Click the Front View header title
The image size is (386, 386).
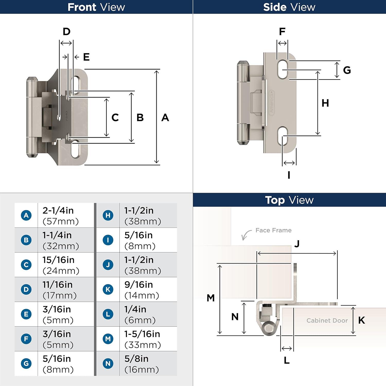(x=96, y=7)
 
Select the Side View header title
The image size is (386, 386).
(x=289, y=7)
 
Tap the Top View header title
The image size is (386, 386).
(x=289, y=200)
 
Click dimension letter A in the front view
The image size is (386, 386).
(x=165, y=118)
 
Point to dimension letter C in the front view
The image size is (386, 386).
(x=115, y=118)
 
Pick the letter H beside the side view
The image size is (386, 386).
(x=325, y=103)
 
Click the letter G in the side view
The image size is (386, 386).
(x=347, y=70)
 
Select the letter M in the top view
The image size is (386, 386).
(x=210, y=298)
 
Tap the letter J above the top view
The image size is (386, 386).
(x=297, y=243)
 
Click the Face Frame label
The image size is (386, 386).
(x=273, y=230)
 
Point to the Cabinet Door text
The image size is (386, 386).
(x=327, y=320)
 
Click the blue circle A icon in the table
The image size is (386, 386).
(x=26, y=215)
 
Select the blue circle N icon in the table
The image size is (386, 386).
(x=108, y=363)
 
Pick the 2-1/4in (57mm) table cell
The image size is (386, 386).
(x=61, y=216)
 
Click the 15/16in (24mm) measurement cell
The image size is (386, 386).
(x=61, y=265)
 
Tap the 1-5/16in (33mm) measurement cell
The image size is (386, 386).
(x=143, y=339)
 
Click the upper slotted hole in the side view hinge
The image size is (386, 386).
(x=282, y=69)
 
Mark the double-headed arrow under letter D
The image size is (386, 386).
(x=66, y=43)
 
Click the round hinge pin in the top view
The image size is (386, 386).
(x=269, y=329)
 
